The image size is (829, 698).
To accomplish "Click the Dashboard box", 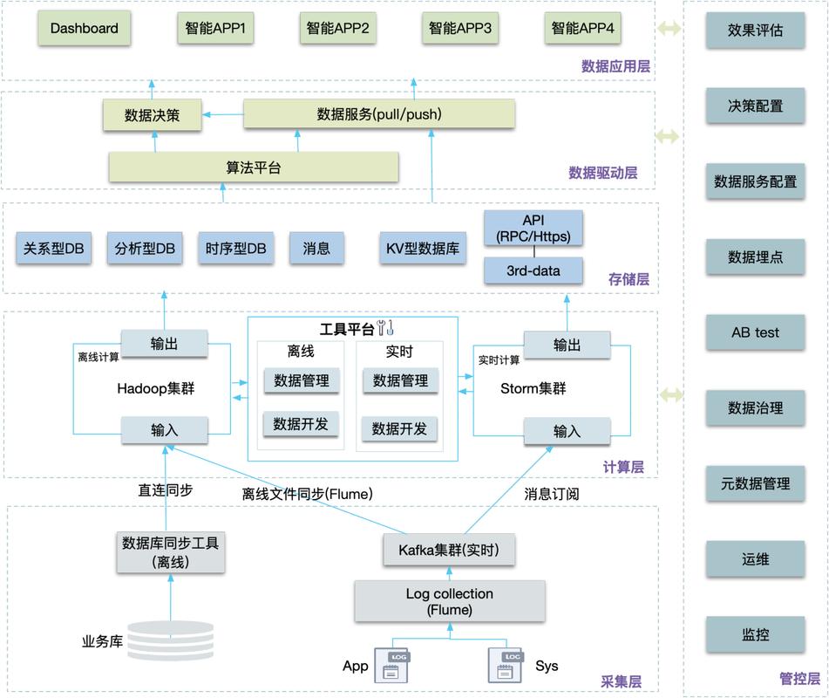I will [x=84, y=29].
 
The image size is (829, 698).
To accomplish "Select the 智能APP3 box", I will [x=459, y=29].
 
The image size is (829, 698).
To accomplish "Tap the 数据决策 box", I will [x=153, y=115].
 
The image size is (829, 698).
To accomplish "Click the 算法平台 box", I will [x=254, y=167].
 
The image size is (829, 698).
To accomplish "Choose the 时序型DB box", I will [x=235, y=249].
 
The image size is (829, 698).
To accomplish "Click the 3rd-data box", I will [x=533, y=270].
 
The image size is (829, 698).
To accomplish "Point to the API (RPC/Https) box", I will [x=533, y=229].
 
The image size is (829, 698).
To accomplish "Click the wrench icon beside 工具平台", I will [x=385, y=329].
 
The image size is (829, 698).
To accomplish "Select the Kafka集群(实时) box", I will [x=449, y=550].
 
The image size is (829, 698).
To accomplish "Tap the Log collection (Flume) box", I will [x=449, y=601].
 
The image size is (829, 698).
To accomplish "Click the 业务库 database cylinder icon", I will [x=170, y=640].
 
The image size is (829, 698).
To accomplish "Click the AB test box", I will [x=755, y=332].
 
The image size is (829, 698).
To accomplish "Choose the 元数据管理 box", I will [x=755, y=483].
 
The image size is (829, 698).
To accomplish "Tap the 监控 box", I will [x=755, y=634].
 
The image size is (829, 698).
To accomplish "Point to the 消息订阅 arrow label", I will [x=551, y=494].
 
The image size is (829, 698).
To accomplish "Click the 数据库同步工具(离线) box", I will [x=170, y=552].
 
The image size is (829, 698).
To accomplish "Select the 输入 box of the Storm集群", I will [x=567, y=431].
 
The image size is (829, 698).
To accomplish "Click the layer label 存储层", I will [x=629, y=279].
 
